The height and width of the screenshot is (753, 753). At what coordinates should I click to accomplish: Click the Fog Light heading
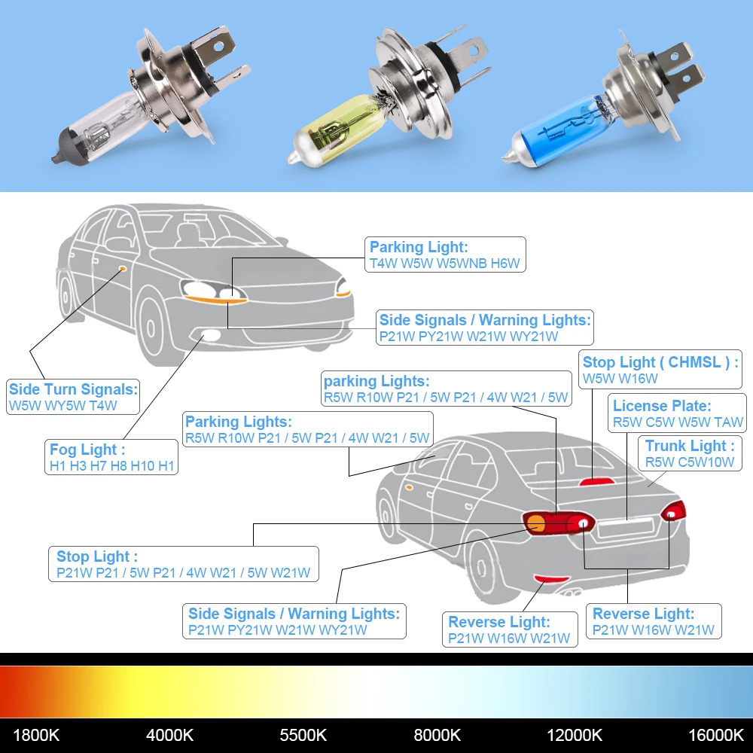tap(83, 450)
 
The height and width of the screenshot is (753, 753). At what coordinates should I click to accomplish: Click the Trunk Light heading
tap(690, 446)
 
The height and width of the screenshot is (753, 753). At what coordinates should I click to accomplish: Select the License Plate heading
tap(661, 406)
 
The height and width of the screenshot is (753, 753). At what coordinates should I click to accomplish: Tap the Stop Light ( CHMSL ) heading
tap(660, 362)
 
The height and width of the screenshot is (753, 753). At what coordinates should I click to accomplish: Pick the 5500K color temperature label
tap(303, 734)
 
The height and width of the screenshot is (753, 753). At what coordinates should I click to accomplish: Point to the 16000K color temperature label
tap(715, 734)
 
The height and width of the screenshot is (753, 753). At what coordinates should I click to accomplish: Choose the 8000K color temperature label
tap(437, 734)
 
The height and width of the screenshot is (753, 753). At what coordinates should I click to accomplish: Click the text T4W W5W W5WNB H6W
tap(444, 264)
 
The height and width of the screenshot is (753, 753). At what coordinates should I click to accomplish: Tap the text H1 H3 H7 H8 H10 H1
tap(111, 466)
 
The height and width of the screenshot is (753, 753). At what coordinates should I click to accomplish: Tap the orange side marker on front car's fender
tap(121, 268)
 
